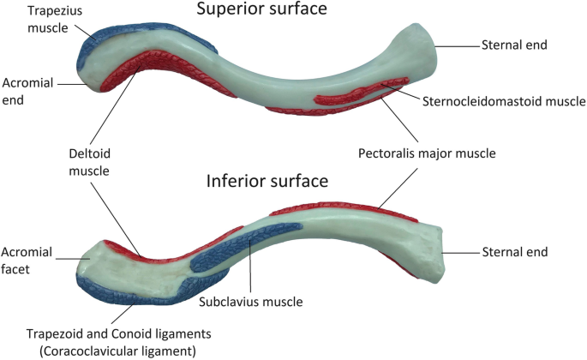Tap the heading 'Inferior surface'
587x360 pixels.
tap(266, 182)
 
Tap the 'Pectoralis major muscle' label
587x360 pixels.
tap(427, 154)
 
